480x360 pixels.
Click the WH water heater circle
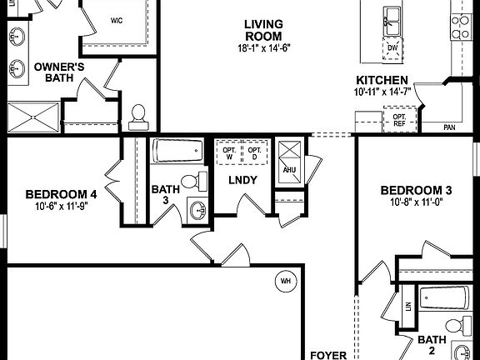pos(286,280)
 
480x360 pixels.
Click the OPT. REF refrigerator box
pos(398,122)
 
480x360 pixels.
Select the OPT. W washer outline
pos(227,154)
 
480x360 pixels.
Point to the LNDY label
pos(242,180)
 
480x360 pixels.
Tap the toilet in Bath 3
pos(191,181)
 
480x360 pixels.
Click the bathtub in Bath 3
pos(177,152)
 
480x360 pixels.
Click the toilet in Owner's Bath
pos(139,112)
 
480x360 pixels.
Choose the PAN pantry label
pos(449,127)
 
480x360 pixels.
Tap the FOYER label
pos(328,354)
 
